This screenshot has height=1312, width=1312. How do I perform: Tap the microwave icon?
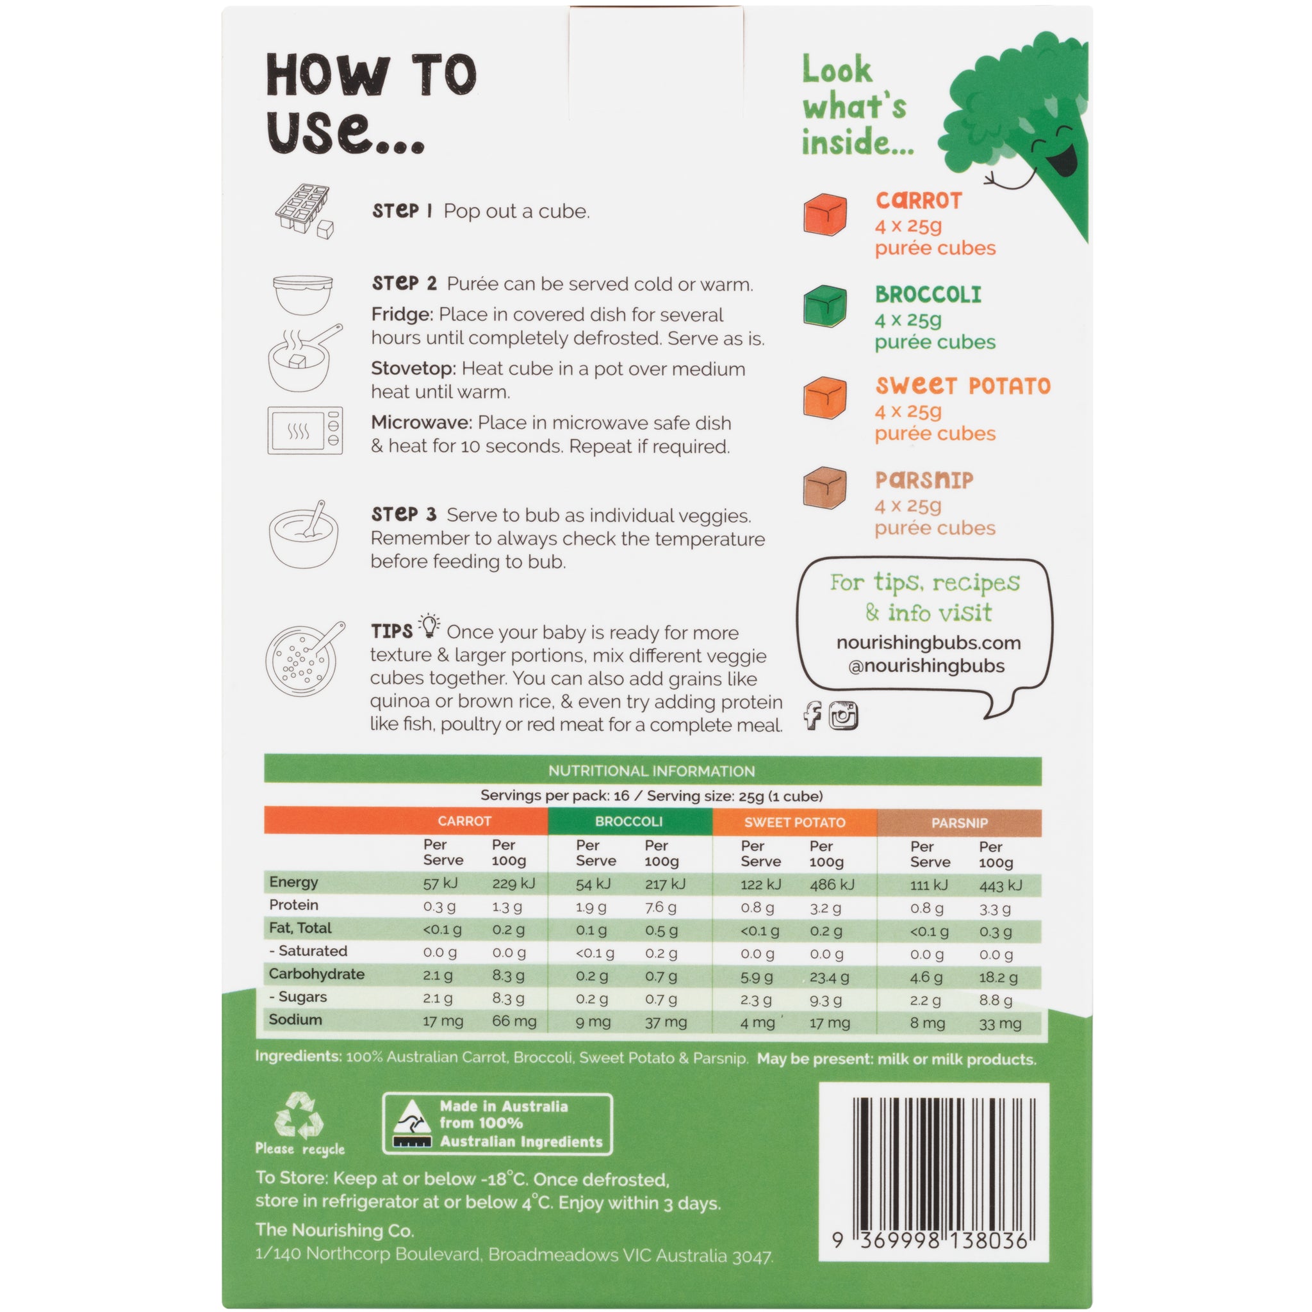305,430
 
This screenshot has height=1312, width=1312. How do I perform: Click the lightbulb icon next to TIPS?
429,625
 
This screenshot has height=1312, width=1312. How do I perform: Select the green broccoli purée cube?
825,307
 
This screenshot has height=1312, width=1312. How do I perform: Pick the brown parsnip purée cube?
825,489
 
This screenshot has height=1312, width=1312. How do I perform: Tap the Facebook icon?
812,716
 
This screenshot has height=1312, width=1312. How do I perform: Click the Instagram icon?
844,716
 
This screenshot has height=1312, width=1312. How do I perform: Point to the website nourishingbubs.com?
928,643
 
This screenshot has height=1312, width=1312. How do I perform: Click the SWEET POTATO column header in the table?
794,823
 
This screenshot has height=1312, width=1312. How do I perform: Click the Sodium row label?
295,1019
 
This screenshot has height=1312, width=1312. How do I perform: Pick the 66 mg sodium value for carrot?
514,1021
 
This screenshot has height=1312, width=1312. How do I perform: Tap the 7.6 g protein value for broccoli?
660,907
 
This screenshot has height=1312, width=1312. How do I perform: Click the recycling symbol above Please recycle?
299,1116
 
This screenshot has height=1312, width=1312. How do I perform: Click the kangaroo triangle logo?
412,1124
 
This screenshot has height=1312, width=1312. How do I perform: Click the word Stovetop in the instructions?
413,369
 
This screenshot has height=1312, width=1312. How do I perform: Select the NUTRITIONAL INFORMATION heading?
652,771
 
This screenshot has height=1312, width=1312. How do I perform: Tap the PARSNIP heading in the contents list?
924,480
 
